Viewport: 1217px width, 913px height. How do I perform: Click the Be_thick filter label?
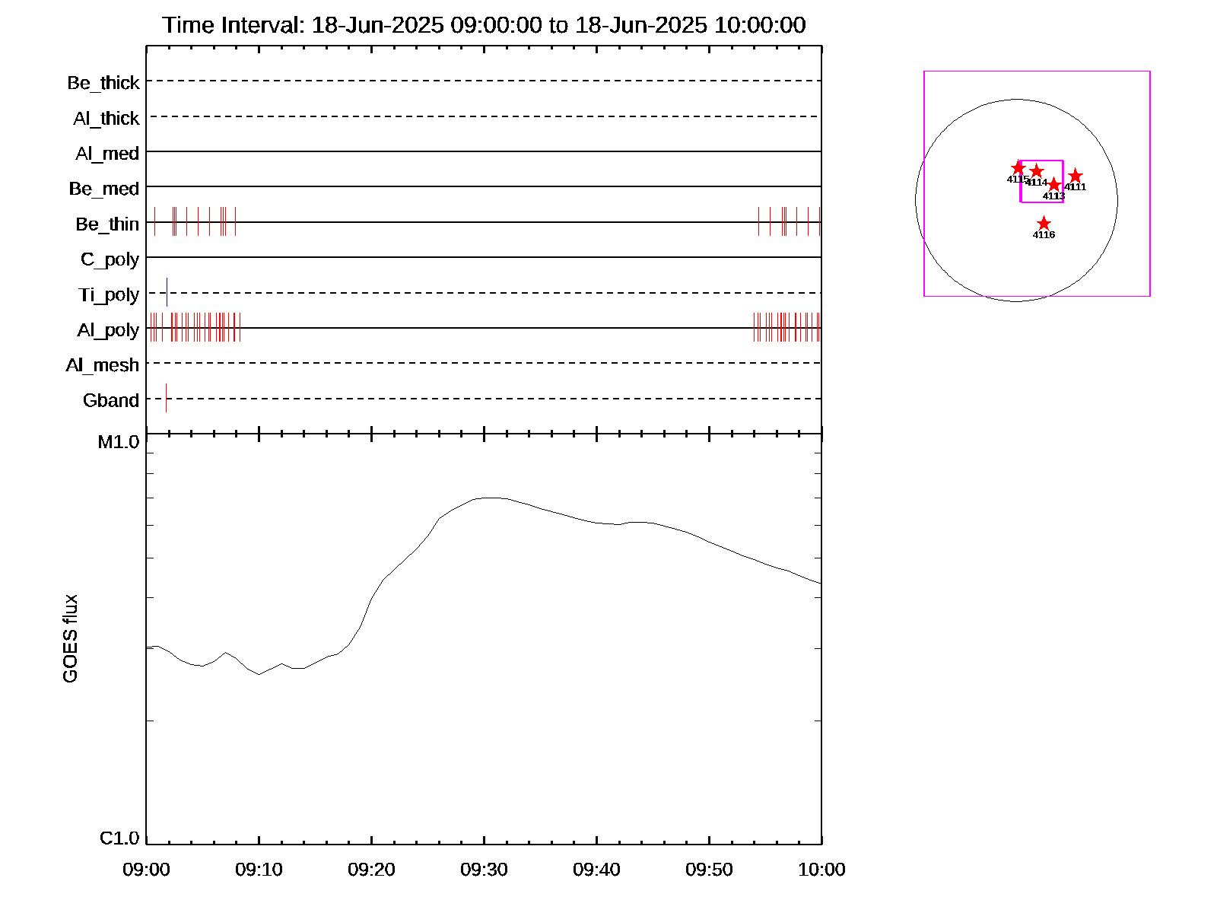[x=103, y=82]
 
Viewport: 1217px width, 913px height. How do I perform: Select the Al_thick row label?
[x=106, y=118]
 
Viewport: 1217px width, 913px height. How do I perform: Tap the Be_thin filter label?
[x=107, y=224]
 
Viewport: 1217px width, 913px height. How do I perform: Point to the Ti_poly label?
[x=109, y=294]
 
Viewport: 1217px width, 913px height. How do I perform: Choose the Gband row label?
[x=111, y=400]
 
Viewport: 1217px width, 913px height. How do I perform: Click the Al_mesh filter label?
[x=103, y=365]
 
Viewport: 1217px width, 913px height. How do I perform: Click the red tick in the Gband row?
[x=166, y=398]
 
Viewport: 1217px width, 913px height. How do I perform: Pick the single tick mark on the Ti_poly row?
[x=167, y=292]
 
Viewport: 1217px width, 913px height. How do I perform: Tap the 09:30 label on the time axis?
[x=484, y=870]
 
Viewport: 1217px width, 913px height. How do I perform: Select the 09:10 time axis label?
[x=259, y=870]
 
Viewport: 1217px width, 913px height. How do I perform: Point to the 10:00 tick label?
[x=821, y=870]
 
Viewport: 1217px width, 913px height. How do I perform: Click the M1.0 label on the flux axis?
[x=119, y=442]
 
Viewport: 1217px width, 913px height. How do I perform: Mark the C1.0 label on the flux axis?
[x=119, y=838]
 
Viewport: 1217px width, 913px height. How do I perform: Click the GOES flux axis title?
[x=70, y=638]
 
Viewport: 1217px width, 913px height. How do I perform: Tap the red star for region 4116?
[x=1044, y=224]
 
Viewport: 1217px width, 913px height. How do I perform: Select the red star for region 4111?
[x=1075, y=177]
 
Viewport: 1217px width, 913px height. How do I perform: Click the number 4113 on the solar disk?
[x=1053, y=196]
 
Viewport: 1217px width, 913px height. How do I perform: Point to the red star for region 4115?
[x=1018, y=168]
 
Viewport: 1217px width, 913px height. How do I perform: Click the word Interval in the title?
[x=260, y=25]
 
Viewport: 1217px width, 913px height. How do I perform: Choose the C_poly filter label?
[x=110, y=259]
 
